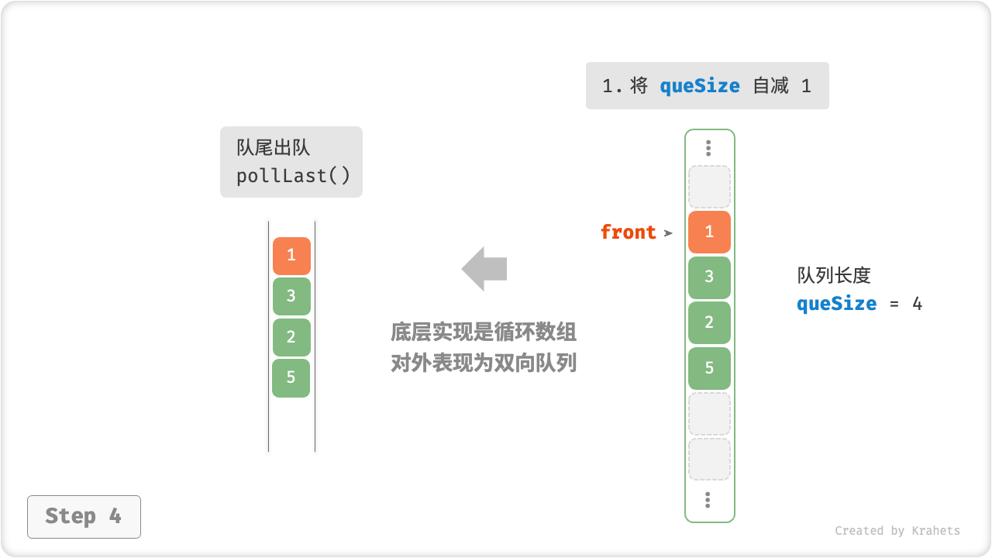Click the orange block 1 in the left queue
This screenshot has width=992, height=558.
[x=291, y=256]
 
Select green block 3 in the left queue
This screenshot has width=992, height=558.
[x=291, y=296]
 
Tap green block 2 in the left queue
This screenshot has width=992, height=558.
[x=291, y=337]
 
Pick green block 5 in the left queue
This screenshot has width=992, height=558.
[x=291, y=378]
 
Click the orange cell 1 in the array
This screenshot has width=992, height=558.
[x=709, y=232]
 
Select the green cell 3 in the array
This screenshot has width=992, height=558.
[x=709, y=277]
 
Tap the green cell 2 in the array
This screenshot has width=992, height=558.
[x=709, y=322]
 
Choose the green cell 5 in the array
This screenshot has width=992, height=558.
[x=709, y=368]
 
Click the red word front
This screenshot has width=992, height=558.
[x=628, y=232]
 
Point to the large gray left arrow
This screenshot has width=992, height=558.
[x=484, y=269]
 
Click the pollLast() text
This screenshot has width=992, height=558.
[x=294, y=176]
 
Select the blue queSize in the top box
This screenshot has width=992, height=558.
[x=700, y=86]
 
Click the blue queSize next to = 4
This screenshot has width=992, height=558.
[x=837, y=304]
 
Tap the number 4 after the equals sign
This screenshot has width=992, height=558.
[x=918, y=304]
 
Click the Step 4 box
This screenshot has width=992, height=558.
[x=84, y=516]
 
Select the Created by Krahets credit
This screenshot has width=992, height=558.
[x=897, y=531]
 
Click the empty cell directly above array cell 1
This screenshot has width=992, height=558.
[x=709, y=187]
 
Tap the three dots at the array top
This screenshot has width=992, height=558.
[x=708, y=148]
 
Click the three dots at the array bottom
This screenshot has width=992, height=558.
[x=708, y=500]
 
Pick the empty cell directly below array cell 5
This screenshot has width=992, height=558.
[x=709, y=414]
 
